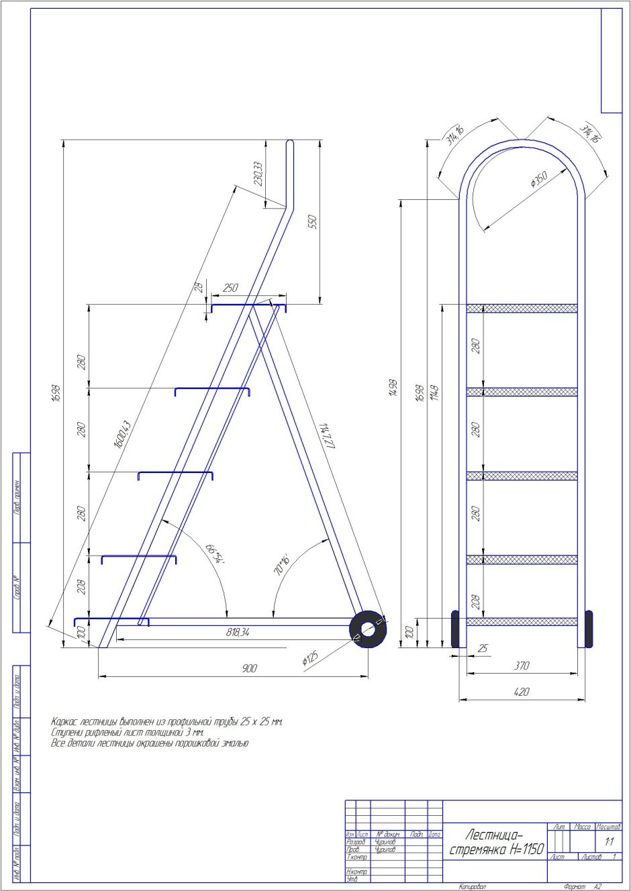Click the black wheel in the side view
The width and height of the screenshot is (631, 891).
click(x=368, y=629)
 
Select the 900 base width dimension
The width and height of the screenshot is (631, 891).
click(x=249, y=669)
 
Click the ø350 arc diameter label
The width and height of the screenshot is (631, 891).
click(x=538, y=179)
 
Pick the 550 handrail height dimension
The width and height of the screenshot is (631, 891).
click(x=311, y=222)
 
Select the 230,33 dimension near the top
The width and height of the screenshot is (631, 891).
click(x=258, y=173)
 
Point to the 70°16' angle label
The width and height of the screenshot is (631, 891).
click(x=281, y=565)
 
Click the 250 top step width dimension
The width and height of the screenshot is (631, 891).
click(x=230, y=288)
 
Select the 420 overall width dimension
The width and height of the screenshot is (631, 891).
click(x=521, y=692)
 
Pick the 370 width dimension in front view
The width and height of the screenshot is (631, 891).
click(x=521, y=666)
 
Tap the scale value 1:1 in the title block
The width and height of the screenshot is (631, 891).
click(x=609, y=841)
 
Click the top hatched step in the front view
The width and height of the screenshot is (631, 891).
click(x=522, y=308)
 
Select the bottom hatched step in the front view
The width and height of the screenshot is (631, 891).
click(x=522, y=622)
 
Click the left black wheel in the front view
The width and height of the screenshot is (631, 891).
click(x=455, y=629)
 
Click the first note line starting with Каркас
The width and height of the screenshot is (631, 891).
click(x=167, y=722)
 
